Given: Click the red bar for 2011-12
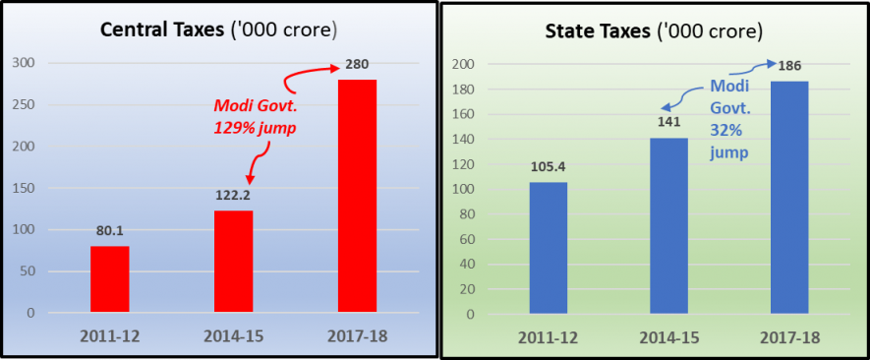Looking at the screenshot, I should (x=109, y=279).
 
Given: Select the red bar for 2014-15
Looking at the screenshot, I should (x=233, y=262).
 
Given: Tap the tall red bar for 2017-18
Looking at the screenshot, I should (x=357, y=197).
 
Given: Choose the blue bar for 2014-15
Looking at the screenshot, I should (x=667, y=225).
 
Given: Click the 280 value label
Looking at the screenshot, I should (x=356, y=66).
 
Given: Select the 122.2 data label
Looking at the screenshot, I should (x=233, y=196).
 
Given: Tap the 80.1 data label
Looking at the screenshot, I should (x=109, y=232).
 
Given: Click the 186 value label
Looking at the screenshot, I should (x=789, y=67).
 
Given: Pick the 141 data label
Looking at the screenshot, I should (x=667, y=123).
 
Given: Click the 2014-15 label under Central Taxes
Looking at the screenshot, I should (x=233, y=335).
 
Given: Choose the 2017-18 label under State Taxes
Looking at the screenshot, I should (x=789, y=337).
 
